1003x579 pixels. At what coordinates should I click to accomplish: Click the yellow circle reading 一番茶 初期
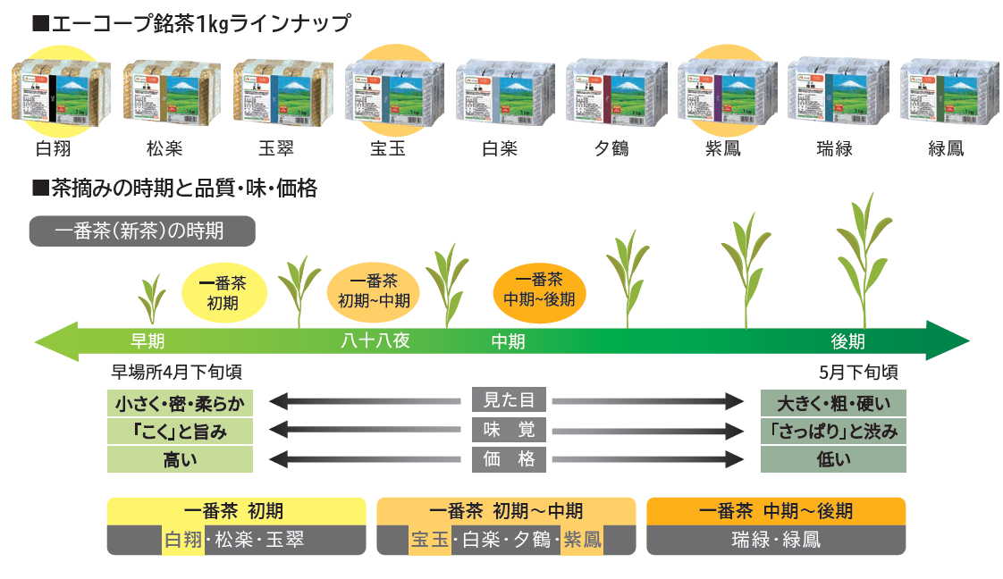pos(223,292)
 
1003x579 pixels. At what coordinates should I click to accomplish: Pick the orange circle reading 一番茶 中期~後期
pos(539,289)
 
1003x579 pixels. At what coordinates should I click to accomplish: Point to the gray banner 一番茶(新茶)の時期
pos(143,231)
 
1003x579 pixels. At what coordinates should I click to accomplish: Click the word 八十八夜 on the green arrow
pos(375,340)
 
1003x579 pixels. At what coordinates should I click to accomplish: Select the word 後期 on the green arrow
pos(847,340)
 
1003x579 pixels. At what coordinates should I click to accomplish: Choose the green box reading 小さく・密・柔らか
pos(180,402)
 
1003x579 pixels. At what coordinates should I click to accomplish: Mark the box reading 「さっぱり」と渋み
pos(833,431)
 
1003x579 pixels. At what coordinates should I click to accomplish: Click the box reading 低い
pos(833,459)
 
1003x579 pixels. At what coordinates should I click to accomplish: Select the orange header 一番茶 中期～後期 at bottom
pos(775,510)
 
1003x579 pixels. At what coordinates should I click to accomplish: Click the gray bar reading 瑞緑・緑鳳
pos(775,540)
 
